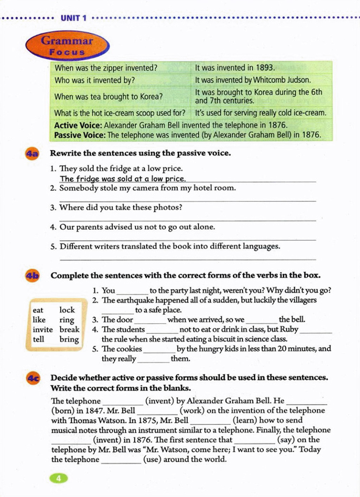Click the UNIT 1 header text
tap(73, 18)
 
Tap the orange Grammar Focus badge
tap(67, 46)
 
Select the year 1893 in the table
tap(265, 68)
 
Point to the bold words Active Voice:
tap(78, 125)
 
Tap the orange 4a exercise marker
tap(32, 154)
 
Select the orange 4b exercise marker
tap(32, 276)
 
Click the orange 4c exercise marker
tap(33, 378)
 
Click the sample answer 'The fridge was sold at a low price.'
tap(123, 178)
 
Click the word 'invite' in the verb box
tap(43, 329)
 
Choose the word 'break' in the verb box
tap(69, 329)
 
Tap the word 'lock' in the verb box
tap(67, 310)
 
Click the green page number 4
tap(59, 478)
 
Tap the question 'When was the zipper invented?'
tap(106, 68)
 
